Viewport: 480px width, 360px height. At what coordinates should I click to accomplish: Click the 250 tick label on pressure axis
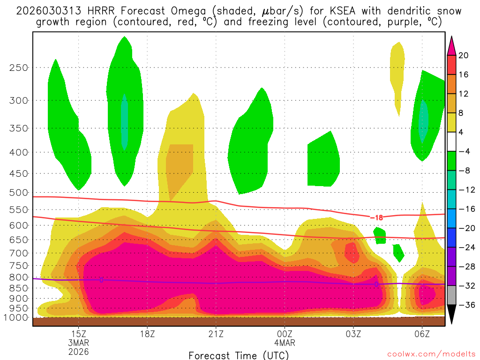[19, 67]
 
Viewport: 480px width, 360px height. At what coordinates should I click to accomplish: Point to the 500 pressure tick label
[19, 192]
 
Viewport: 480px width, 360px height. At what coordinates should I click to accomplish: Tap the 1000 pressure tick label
[16, 317]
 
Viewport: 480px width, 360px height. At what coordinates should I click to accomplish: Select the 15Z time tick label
[78, 334]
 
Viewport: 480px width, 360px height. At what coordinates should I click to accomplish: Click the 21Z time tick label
[216, 334]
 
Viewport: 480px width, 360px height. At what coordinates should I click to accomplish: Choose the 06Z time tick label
[422, 334]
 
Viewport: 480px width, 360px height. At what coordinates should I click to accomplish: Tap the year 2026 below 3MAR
[78, 351]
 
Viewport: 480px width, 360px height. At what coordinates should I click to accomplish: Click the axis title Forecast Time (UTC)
[239, 355]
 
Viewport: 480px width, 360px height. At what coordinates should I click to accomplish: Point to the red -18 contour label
[376, 217]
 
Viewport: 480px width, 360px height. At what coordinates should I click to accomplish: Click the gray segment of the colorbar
[451, 295]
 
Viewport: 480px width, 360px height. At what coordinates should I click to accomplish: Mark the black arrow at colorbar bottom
[451, 314]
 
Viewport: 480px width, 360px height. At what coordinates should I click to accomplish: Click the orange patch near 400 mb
[179, 164]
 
